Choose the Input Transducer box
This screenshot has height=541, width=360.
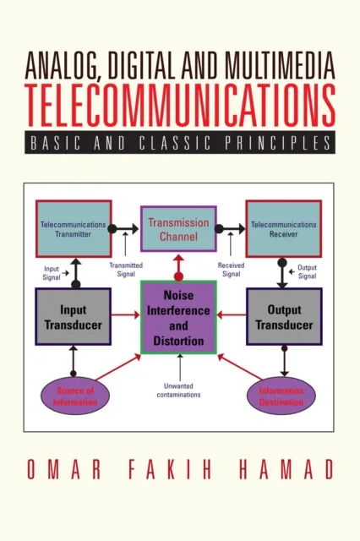[x=72, y=316]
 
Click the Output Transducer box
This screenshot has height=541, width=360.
[x=284, y=316]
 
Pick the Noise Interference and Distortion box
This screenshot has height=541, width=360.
[x=177, y=316]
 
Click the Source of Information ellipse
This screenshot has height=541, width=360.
[x=72, y=396]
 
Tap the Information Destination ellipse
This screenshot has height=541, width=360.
[x=281, y=396]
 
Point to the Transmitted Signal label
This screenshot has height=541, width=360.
[x=127, y=267]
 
